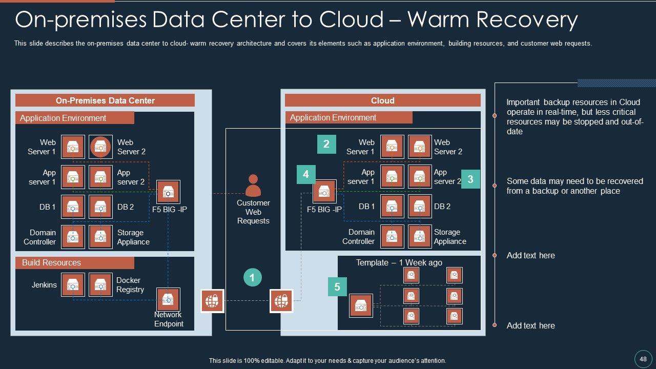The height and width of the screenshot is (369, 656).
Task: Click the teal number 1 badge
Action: (252, 278)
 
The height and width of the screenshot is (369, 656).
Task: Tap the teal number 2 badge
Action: (326, 145)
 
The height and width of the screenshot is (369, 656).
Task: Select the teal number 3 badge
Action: (470, 179)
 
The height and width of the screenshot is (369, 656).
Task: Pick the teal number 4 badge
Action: (306, 174)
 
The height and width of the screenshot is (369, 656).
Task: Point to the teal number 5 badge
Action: (337, 287)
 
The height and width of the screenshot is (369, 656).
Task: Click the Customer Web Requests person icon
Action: (253, 186)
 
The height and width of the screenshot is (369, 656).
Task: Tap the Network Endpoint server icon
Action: (168, 299)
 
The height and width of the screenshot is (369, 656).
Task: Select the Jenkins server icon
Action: (73, 284)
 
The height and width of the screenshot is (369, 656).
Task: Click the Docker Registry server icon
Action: (100, 284)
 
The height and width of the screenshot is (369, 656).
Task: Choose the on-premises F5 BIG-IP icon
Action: (168, 192)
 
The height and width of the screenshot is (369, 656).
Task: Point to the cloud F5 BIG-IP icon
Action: (324, 192)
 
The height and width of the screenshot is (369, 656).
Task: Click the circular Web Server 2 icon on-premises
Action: (100, 147)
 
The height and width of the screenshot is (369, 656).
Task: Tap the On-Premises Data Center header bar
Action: (105, 100)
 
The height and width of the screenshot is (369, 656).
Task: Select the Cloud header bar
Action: (382, 100)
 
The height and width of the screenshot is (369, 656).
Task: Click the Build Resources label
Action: (51, 263)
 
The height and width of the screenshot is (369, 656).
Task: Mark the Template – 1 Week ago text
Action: (399, 262)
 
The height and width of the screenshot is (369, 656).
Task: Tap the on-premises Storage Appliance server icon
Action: (100, 237)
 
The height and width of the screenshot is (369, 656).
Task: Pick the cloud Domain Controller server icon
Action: (392, 236)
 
